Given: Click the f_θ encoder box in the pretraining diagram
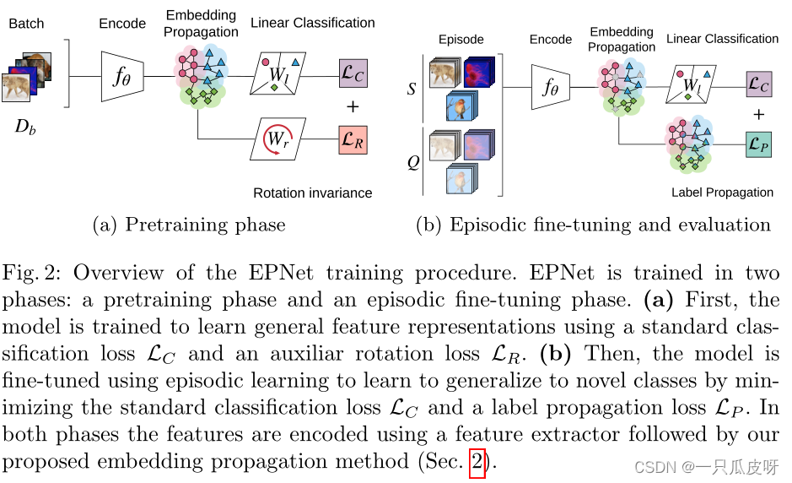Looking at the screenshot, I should click(122, 76).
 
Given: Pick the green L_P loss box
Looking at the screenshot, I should click(758, 144).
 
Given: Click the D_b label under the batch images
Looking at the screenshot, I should click(26, 128).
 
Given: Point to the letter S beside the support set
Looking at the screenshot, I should click(412, 88).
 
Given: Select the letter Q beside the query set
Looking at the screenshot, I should click(412, 162).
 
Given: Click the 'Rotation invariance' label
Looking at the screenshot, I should click(312, 193).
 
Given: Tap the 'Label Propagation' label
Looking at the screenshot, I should click(722, 193).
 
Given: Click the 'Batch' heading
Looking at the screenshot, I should click(27, 24).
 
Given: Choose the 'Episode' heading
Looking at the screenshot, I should click(461, 40).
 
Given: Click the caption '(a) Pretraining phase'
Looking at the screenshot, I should click(188, 225).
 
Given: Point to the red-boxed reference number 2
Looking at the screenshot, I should click(477, 463).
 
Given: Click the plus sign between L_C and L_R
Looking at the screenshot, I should click(353, 106).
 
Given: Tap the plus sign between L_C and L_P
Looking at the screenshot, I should click(758, 114).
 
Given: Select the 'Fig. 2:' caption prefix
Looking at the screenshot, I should click(37, 274).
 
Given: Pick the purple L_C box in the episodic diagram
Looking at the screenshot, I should click(758, 84).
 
